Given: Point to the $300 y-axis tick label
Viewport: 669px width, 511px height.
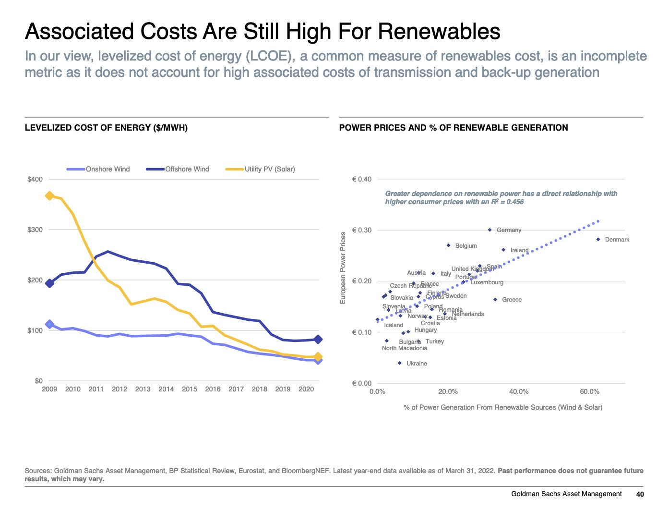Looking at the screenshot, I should click(35, 230).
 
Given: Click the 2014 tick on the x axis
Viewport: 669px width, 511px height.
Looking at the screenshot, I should click(166, 389).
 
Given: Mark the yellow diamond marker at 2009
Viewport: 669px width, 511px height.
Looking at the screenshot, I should click(49, 195).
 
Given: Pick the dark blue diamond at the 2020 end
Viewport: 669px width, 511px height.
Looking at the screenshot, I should click(318, 340).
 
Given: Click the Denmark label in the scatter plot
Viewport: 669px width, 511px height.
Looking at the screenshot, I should click(617, 240).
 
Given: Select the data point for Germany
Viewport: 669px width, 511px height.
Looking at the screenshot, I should click(490, 230).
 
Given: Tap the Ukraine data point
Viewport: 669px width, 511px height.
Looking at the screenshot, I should click(400, 363).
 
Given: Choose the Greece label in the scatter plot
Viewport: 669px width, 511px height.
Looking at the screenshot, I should click(512, 300).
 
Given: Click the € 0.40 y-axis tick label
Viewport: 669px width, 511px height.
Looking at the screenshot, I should click(362, 179).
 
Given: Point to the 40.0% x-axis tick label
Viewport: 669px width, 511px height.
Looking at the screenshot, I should click(519, 392).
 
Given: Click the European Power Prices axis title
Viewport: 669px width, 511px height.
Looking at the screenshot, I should click(343, 268).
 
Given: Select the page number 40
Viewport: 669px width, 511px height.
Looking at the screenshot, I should click(640, 494).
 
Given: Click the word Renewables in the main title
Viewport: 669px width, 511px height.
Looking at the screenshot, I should click(439, 32).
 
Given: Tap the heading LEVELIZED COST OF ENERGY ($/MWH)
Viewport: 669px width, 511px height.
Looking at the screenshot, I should click(106, 128).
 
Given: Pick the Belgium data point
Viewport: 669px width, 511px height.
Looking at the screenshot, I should click(449, 245).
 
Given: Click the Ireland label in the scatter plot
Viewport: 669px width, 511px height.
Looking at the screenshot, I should click(519, 250).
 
